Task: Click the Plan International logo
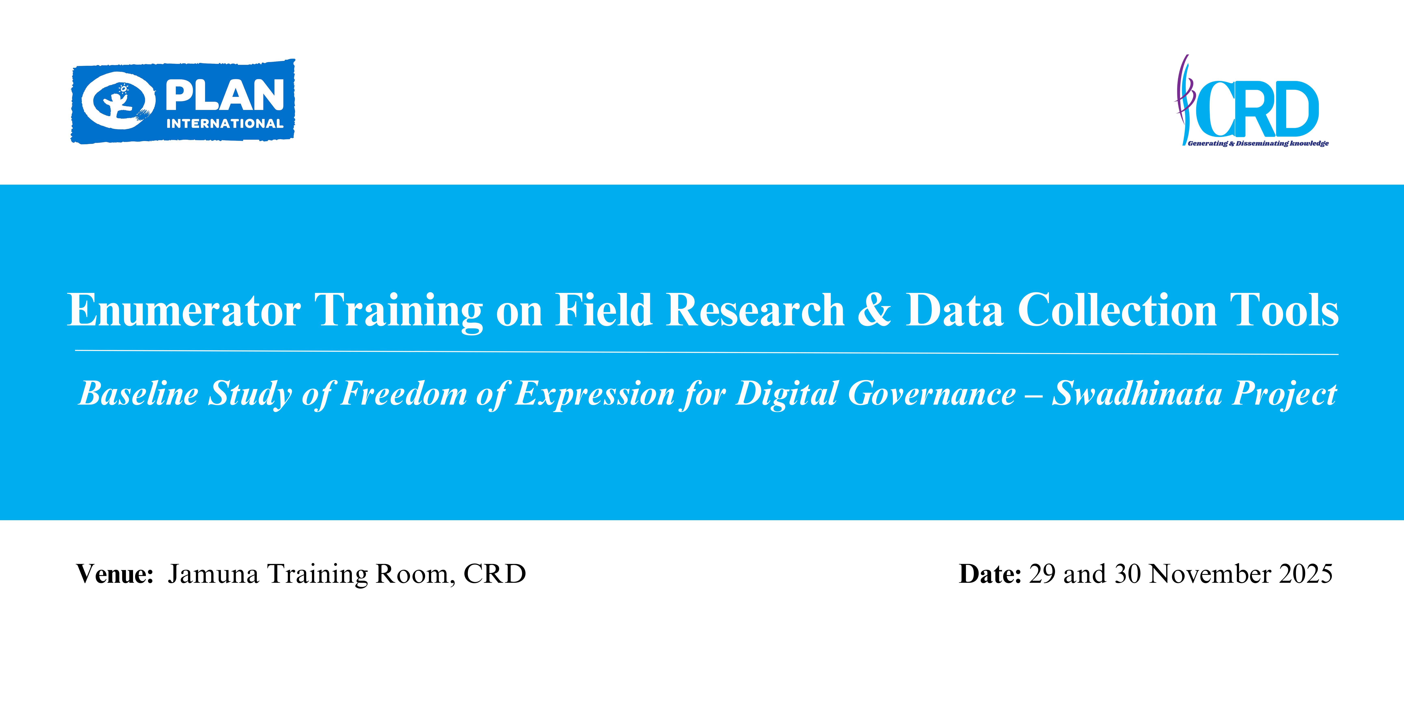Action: pos(183,101)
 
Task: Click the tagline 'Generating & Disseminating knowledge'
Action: pos(1258,143)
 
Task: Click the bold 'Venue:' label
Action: pos(115,574)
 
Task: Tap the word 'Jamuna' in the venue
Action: pos(213,574)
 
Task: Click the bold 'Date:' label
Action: pos(990,574)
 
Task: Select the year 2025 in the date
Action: pos(1306,574)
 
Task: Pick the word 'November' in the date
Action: pos(1210,574)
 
